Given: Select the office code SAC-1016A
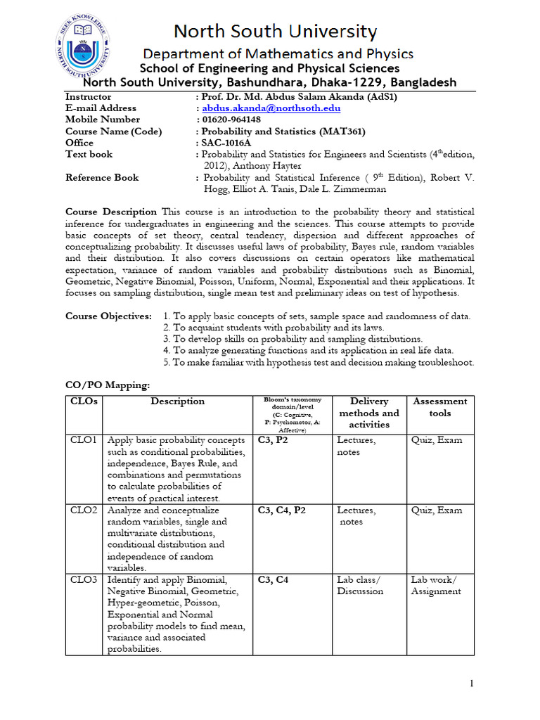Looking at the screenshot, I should pos(228,143).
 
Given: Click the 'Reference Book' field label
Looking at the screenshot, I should pos(102,178).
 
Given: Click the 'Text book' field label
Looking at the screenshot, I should pos(89,154).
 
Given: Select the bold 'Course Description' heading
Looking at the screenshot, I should pos(111,212).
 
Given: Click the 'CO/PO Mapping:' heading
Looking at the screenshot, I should pos(108,385).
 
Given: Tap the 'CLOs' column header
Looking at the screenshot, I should pos(84,401).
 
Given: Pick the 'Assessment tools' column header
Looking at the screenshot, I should pos(439,407).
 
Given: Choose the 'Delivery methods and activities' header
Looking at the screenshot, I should pos(368,413).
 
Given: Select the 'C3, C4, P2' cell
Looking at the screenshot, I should pos(281,510).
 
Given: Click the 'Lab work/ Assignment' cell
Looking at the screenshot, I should pos(435,586).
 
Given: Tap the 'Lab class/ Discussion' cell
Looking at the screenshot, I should pos(360,586).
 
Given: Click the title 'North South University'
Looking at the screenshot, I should pos(275,32).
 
